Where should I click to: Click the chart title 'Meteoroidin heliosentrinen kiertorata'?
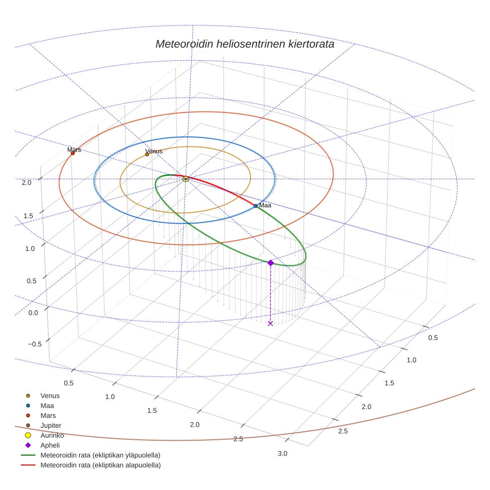click(245, 44)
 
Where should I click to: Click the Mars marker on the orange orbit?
click(73, 153)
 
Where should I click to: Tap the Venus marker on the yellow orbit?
click(147, 154)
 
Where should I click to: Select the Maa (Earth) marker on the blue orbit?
click(255, 206)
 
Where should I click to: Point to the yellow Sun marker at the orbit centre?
click(186, 179)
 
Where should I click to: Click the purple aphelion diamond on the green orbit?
click(270, 262)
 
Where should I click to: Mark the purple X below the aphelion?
click(270, 324)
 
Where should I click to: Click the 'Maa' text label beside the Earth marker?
click(265, 205)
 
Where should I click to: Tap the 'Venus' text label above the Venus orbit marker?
click(153, 151)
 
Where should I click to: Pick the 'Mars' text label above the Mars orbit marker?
click(74, 149)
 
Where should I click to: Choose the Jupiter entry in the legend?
click(50, 425)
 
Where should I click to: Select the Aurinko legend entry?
click(52, 435)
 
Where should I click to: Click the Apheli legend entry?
click(50, 445)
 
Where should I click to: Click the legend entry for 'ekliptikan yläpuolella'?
click(100, 455)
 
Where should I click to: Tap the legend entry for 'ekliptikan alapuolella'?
click(100, 465)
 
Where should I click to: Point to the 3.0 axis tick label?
click(282, 453)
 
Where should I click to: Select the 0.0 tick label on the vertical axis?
click(33, 313)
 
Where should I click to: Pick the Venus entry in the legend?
click(50, 395)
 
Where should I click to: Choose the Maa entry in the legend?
click(47, 405)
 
